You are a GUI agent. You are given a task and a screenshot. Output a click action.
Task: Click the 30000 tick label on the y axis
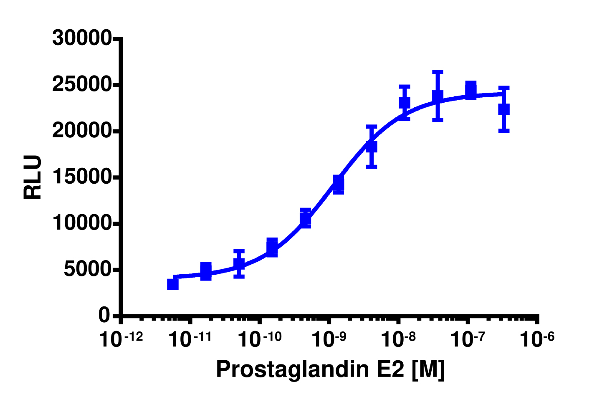(x=81, y=38)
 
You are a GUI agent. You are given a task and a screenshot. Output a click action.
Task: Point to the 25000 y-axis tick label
(x=81, y=85)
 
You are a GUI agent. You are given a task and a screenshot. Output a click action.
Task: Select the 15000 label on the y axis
(x=81, y=177)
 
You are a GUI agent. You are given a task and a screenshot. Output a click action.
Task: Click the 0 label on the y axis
(x=104, y=316)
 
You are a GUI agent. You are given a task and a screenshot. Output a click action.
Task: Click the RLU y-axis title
(x=33, y=177)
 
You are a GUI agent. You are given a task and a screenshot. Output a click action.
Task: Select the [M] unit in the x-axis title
(x=428, y=369)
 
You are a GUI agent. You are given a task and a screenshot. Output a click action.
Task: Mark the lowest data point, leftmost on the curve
(x=173, y=284)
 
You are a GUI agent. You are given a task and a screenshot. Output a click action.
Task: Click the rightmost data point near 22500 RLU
(x=504, y=109)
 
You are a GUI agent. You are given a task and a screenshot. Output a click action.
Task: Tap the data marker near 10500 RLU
(x=305, y=218)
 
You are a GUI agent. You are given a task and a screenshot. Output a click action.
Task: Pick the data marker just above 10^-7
(x=470, y=90)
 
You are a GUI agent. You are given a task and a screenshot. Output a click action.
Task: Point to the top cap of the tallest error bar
(x=438, y=71)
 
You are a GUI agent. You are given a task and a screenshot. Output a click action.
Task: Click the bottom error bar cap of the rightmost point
(x=504, y=131)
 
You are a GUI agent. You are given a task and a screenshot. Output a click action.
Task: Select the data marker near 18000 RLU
(x=372, y=147)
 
